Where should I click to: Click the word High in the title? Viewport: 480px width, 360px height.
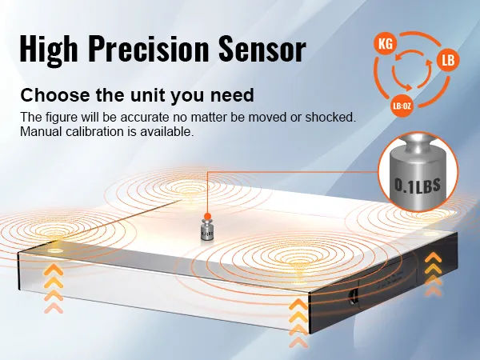pos(50,50)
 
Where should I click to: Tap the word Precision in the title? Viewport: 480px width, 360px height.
pos(158,50)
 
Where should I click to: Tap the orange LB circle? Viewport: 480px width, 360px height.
pos(448,60)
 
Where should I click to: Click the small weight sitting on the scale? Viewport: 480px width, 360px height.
pos(206,232)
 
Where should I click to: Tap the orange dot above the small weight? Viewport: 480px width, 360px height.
pos(206,216)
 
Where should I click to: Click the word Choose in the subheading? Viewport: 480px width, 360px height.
pos(53,94)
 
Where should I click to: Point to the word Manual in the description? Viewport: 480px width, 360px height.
pos(40,132)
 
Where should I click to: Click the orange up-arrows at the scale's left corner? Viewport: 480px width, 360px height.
pos(54,288)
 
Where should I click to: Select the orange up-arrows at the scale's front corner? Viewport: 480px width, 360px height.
pos(298,322)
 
